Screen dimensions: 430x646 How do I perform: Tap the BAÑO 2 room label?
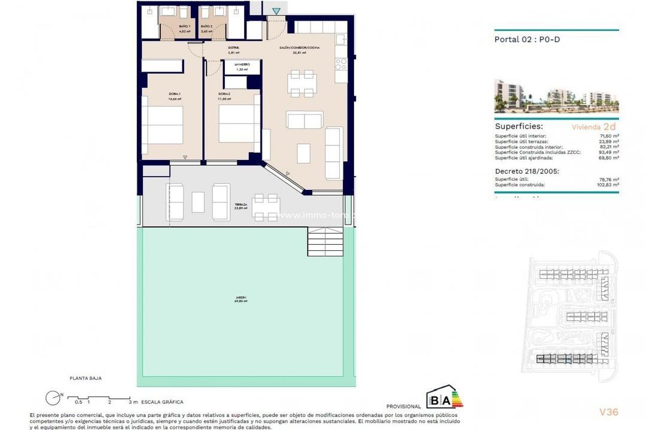[207, 27]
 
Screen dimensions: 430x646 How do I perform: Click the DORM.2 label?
[224, 94]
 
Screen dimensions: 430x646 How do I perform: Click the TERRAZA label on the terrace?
[241, 205]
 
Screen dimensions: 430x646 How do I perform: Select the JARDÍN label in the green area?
[241, 298]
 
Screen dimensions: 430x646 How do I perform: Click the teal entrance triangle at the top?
[276, 11]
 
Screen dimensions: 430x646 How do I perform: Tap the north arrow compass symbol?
[53, 397]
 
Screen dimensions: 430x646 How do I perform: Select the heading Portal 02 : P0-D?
[527, 40]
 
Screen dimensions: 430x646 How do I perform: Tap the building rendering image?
[556, 96]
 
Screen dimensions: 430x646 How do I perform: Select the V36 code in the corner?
[608, 411]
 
